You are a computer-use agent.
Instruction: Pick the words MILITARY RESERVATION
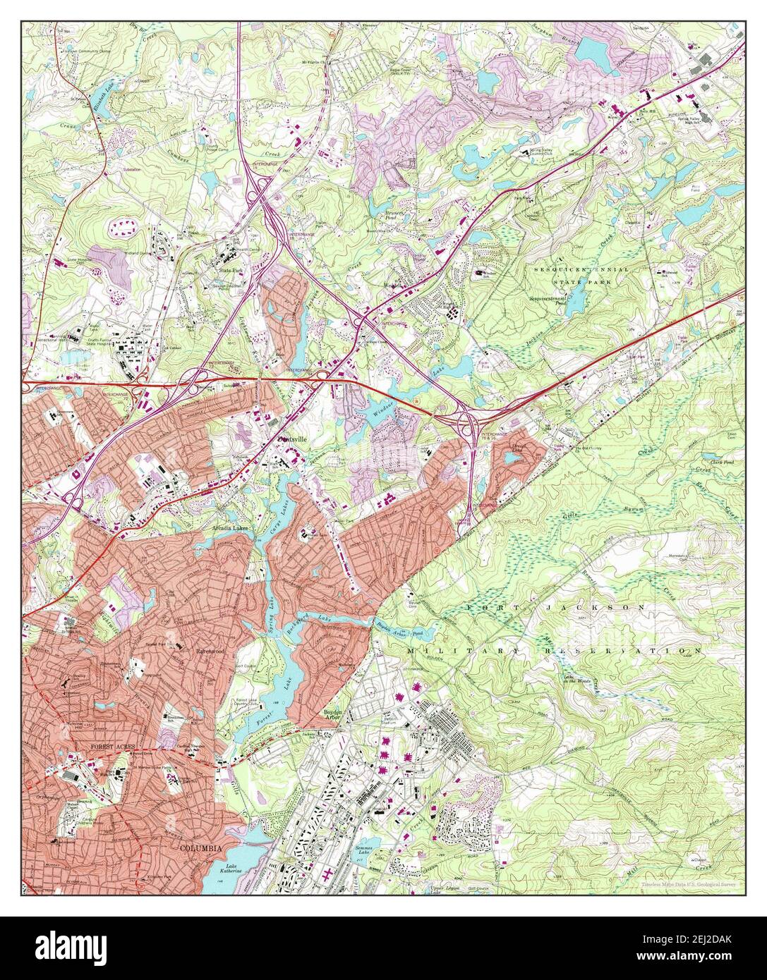click(554, 650)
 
